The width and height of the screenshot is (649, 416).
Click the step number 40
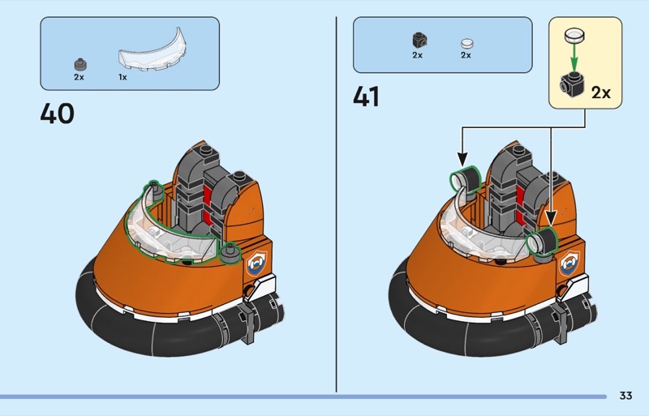[x=57, y=113]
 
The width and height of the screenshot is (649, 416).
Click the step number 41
[x=366, y=96]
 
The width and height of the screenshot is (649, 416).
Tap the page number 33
[x=625, y=396]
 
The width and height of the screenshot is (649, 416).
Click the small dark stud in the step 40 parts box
[x=80, y=62]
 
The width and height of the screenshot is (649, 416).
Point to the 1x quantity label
[x=122, y=77]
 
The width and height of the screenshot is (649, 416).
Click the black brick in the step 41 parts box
[x=418, y=39]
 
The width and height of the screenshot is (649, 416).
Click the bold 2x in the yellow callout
[x=600, y=92]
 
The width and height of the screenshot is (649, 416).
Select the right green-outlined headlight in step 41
[x=539, y=242]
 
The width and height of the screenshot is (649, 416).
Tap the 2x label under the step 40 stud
[x=80, y=77]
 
